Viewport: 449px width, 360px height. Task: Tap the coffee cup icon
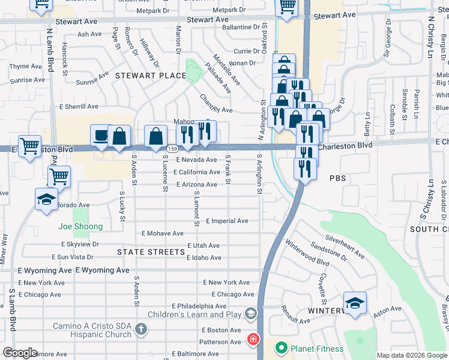[100, 136]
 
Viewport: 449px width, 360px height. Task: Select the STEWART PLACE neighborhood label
[151, 76]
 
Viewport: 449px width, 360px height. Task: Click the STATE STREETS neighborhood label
[151, 252]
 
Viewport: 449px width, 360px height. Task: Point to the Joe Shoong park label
[80, 226]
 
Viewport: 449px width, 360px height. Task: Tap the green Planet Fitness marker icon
[280, 347]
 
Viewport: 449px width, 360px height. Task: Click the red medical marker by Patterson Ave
[253, 340]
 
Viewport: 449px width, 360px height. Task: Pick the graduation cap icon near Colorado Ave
[46, 199]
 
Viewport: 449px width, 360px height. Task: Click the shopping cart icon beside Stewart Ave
[287, 7]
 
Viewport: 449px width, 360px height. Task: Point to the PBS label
[338, 179]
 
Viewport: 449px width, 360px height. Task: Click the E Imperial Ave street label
[227, 221]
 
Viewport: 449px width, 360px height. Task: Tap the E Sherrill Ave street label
[78, 106]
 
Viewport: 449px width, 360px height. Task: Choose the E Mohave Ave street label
[163, 233]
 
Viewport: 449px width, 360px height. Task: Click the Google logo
[20, 353]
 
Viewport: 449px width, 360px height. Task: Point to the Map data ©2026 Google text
[411, 355]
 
